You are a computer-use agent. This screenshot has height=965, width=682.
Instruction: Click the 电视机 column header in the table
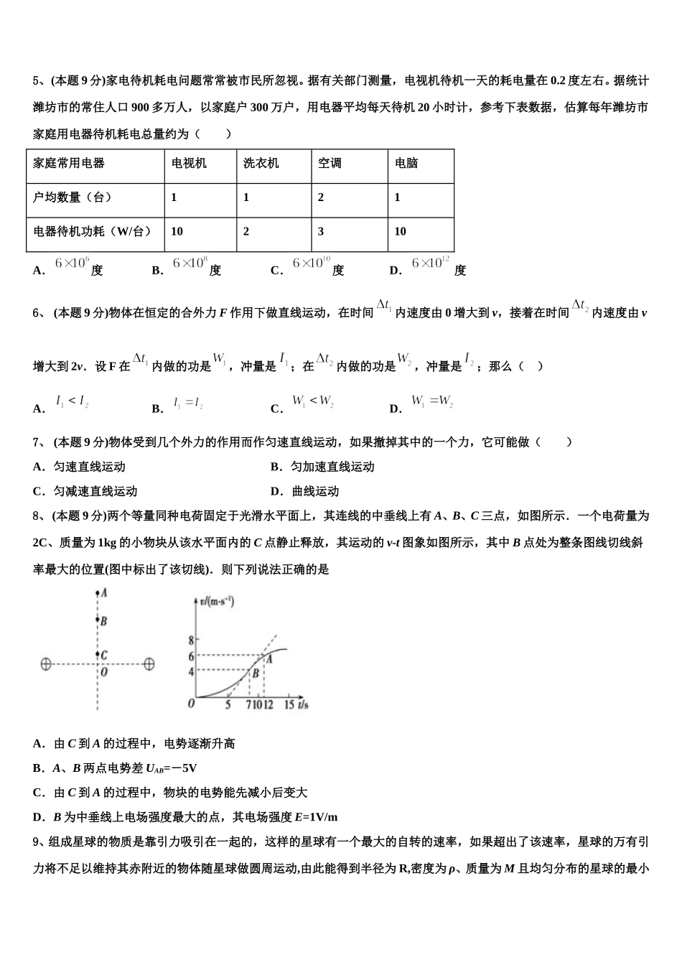tap(189, 164)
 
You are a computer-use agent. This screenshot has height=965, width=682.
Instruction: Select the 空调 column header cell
tap(330, 164)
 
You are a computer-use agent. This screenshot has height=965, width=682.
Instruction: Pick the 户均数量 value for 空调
tap(321, 197)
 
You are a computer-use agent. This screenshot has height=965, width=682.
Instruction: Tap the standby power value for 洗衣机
tap(246, 231)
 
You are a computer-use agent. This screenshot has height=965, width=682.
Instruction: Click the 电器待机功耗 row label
tap(93, 231)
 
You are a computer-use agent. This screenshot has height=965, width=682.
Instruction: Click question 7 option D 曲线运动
tap(305, 492)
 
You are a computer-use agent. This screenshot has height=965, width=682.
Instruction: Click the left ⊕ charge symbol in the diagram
tap(45, 664)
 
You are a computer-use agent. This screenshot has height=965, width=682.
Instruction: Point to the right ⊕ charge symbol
tap(149, 664)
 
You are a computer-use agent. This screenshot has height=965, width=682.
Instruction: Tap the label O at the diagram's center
tap(103, 673)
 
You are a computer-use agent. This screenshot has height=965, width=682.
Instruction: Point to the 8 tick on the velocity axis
tap(191, 640)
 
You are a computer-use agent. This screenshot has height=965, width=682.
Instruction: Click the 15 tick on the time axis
tap(289, 705)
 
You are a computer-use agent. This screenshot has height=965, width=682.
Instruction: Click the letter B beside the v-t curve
tap(255, 673)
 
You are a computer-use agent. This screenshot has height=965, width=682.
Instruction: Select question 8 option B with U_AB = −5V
tap(116, 768)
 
